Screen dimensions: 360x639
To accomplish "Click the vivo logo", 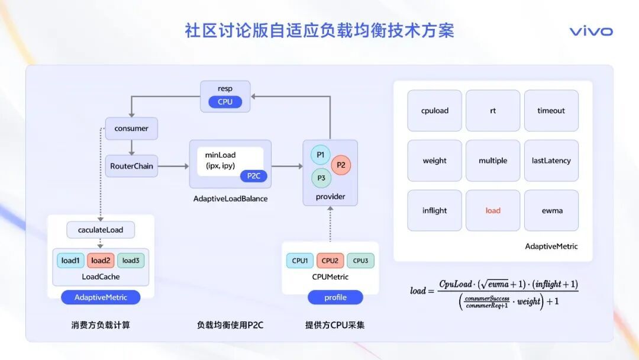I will pos(591,31).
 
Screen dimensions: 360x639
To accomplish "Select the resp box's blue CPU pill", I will pos(225,102).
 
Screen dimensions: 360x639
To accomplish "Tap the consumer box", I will pos(131,128).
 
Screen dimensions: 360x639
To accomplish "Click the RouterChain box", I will pos(131,166).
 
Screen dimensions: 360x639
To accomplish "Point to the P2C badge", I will pos(254,176).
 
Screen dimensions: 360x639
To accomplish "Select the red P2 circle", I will pos(341,165).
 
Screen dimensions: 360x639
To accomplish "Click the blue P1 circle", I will pos(321,155).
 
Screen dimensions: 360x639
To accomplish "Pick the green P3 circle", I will pos(321,178).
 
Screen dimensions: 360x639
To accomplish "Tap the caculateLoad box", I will pos(101,230).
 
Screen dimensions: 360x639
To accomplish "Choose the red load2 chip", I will pos(101,261).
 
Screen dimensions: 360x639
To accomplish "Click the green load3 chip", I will pos(131,261).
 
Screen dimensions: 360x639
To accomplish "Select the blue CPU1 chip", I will pos(300,261).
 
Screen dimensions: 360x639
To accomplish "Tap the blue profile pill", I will pos(335,297).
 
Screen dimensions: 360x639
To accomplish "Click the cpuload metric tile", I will pos(435,111).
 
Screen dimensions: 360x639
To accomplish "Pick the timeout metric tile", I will pos(551,111).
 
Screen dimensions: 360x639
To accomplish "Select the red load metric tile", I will pos(493,210).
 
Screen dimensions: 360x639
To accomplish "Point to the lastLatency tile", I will pos(551,160).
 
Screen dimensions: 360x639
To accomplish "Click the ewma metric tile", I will pos(551,210).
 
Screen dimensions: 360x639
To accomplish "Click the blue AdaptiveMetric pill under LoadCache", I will pos(101,297).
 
